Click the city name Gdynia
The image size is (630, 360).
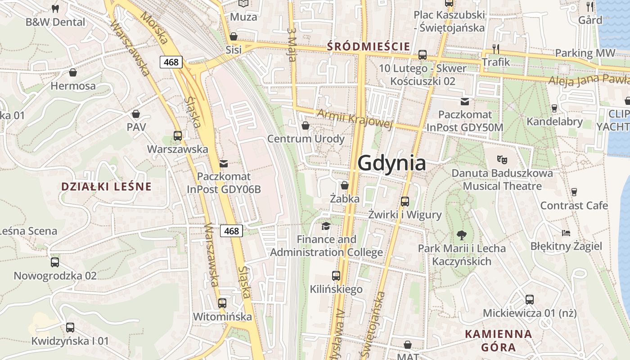point(391,163)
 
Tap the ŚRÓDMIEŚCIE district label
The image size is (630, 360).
point(369,46)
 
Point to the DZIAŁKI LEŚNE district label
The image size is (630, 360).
point(106,186)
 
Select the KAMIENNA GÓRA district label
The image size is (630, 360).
point(498,341)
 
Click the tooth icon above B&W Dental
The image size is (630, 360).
point(55,9)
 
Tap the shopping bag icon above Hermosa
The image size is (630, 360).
point(73,72)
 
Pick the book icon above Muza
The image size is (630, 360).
point(243,4)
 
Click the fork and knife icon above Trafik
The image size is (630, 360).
point(496,49)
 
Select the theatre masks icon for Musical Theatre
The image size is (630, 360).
point(502,159)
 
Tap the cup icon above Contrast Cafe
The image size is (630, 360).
point(574,192)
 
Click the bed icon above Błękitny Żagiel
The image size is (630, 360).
point(566,233)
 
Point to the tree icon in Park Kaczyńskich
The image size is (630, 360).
point(461,234)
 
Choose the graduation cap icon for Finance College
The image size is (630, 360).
point(326,226)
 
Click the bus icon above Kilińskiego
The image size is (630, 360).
point(336,275)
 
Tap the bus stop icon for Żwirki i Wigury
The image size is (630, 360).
point(405,201)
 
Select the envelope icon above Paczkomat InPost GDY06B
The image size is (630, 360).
point(224,163)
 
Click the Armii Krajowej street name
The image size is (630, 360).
point(355,118)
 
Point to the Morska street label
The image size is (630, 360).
point(154,27)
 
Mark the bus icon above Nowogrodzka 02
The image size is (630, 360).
point(55,262)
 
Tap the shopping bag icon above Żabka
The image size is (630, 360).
point(345,185)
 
